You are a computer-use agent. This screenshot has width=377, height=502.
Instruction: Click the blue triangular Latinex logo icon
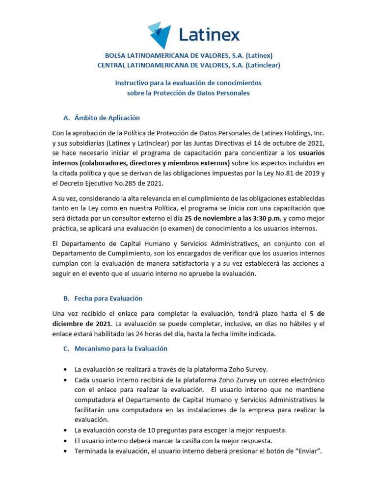click(x=160, y=35)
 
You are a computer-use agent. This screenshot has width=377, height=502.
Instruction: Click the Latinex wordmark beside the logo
click(x=209, y=35)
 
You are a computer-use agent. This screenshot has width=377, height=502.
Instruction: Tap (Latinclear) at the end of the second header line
click(x=263, y=65)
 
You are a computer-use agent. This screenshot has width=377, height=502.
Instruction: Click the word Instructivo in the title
click(x=132, y=83)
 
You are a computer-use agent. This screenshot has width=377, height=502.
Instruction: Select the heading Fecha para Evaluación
click(x=108, y=298)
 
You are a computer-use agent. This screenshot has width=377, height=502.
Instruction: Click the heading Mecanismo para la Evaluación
click(x=121, y=349)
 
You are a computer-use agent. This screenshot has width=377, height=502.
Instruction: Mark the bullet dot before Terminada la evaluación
click(x=66, y=451)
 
